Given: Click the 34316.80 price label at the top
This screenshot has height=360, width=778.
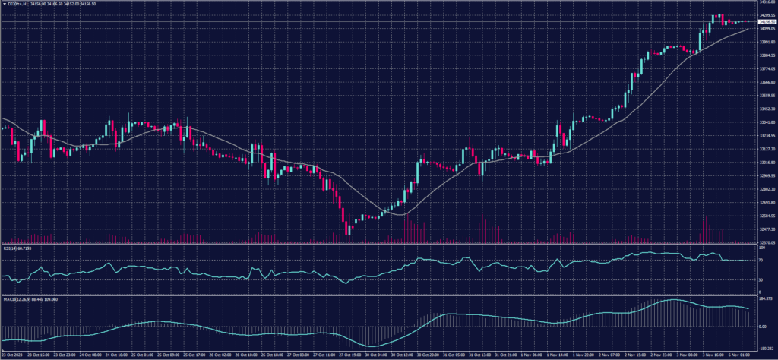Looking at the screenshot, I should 765,2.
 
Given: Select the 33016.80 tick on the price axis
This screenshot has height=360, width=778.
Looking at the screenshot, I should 765,163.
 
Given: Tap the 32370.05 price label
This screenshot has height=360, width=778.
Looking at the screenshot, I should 765,242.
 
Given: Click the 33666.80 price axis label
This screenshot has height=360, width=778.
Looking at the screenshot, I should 765,82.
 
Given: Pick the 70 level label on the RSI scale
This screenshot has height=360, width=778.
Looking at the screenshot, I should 761,260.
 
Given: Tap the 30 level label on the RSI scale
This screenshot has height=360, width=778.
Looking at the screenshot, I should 761,280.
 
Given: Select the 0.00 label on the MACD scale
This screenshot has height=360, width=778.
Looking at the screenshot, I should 762,327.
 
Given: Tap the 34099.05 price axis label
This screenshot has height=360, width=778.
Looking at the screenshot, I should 765,29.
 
